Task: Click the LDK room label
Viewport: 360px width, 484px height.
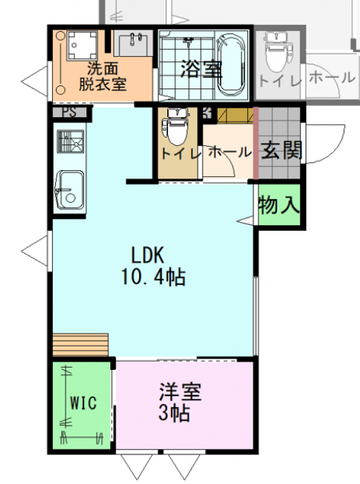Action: tap(147, 256)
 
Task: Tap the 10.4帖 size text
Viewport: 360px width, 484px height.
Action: tap(153, 277)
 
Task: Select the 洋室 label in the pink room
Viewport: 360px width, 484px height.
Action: tap(180, 392)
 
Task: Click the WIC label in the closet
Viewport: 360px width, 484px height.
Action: tap(83, 403)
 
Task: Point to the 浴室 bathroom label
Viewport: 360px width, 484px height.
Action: tap(201, 69)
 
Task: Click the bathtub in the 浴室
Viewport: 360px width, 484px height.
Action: tap(231, 65)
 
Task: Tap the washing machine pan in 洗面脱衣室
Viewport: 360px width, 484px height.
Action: tap(82, 45)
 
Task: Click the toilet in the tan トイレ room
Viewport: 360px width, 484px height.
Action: tap(176, 126)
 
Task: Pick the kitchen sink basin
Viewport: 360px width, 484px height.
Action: tap(70, 190)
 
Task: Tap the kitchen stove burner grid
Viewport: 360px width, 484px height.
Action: tap(70, 141)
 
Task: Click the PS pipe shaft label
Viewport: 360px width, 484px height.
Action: tap(69, 112)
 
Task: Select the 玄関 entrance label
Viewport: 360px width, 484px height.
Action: tap(281, 150)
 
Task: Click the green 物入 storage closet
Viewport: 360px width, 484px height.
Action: tap(279, 205)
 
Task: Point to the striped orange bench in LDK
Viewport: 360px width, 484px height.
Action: tap(80, 345)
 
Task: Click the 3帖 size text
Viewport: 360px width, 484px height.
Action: tap(174, 413)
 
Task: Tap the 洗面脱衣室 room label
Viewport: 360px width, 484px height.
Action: tap(103, 76)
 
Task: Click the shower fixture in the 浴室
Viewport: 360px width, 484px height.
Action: tap(188, 41)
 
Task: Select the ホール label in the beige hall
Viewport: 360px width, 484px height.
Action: tap(230, 152)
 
